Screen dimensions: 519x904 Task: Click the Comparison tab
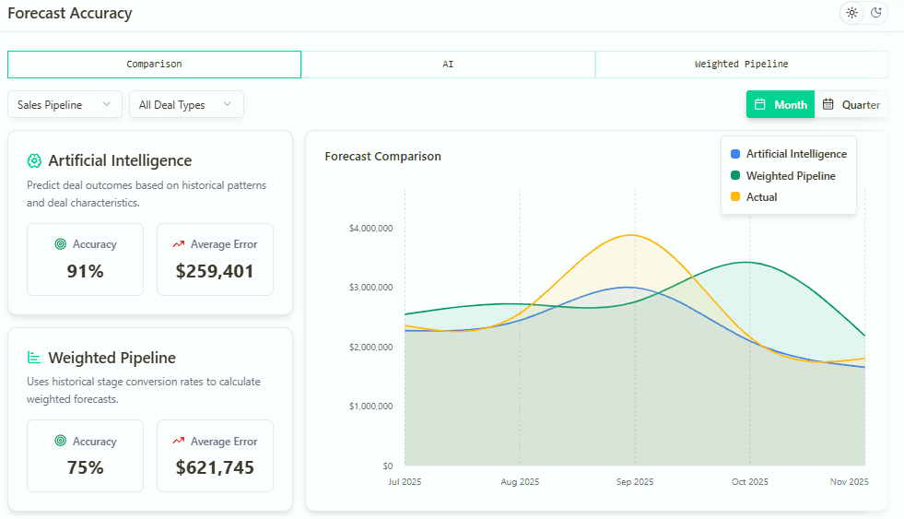(154, 65)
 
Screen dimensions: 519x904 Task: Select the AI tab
(448, 65)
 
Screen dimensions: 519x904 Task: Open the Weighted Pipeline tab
(741, 65)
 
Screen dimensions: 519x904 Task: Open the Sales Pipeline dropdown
(65, 105)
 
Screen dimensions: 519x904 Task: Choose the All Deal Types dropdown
(186, 105)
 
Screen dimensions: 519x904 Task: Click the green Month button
(780, 105)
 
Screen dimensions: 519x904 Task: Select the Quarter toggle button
(851, 105)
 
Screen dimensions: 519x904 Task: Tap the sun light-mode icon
(851, 13)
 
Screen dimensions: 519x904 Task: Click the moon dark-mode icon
(876, 13)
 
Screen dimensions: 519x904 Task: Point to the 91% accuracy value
(85, 272)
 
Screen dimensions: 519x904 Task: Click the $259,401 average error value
(215, 272)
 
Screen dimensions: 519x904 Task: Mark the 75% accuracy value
(85, 468)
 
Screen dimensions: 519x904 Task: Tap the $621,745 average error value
(215, 468)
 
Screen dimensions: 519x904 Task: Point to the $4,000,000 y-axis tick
(370, 228)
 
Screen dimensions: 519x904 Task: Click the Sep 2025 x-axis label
(634, 482)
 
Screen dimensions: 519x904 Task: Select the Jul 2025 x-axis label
(405, 482)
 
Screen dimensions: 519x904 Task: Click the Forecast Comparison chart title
(382, 157)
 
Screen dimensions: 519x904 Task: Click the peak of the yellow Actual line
(631, 235)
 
